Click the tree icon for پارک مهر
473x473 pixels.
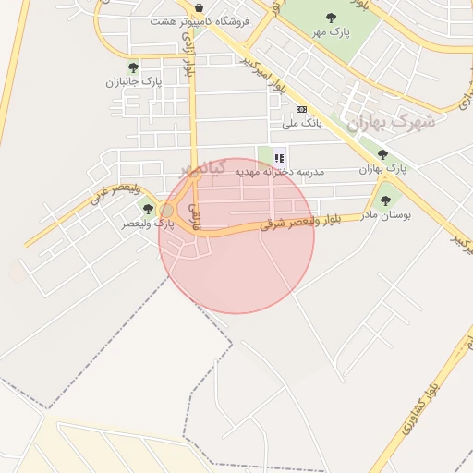331,18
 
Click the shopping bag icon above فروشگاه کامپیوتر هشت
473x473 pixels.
200,7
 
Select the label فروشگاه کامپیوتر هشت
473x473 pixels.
199,20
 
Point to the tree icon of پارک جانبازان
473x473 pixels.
133,67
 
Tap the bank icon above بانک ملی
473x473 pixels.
301,109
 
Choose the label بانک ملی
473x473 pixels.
301,123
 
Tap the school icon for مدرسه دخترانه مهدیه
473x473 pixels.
279,158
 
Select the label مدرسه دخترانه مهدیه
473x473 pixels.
279,172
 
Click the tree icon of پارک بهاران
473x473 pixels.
382,154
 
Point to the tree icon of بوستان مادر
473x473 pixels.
385,200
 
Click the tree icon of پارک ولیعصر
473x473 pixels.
148,210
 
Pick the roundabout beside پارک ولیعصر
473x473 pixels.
167,212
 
